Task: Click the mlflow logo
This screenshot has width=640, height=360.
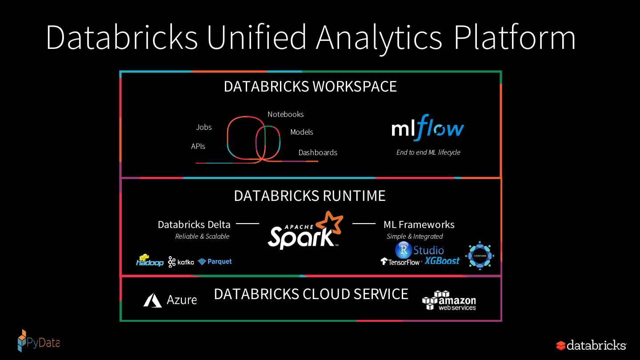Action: click(428, 128)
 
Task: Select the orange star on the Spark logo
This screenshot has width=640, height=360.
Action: click(329, 223)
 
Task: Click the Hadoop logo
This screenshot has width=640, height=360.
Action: click(149, 261)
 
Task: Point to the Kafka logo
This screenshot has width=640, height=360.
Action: click(181, 262)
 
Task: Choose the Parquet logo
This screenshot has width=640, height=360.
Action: click(215, 262)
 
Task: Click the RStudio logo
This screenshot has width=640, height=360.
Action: click(419, 250)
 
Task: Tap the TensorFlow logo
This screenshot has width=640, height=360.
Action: click(400, 262)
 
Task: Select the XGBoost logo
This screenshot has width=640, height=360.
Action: click(442, 261)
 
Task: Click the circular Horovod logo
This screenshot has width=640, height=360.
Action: click(480, 256)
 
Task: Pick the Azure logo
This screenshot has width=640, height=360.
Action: click(170, 300)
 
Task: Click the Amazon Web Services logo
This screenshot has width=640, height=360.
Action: click(449, 301)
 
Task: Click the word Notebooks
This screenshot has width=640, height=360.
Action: click(285, 114)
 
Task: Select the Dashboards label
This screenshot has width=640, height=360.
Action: click(318, 152)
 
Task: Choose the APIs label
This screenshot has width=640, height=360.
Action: click(198, 146)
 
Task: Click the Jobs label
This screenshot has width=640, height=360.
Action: click(204, 127)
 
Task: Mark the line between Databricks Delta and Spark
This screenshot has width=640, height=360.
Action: click(247, 224)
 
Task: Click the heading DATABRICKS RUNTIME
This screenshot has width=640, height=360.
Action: click(310, 196)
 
